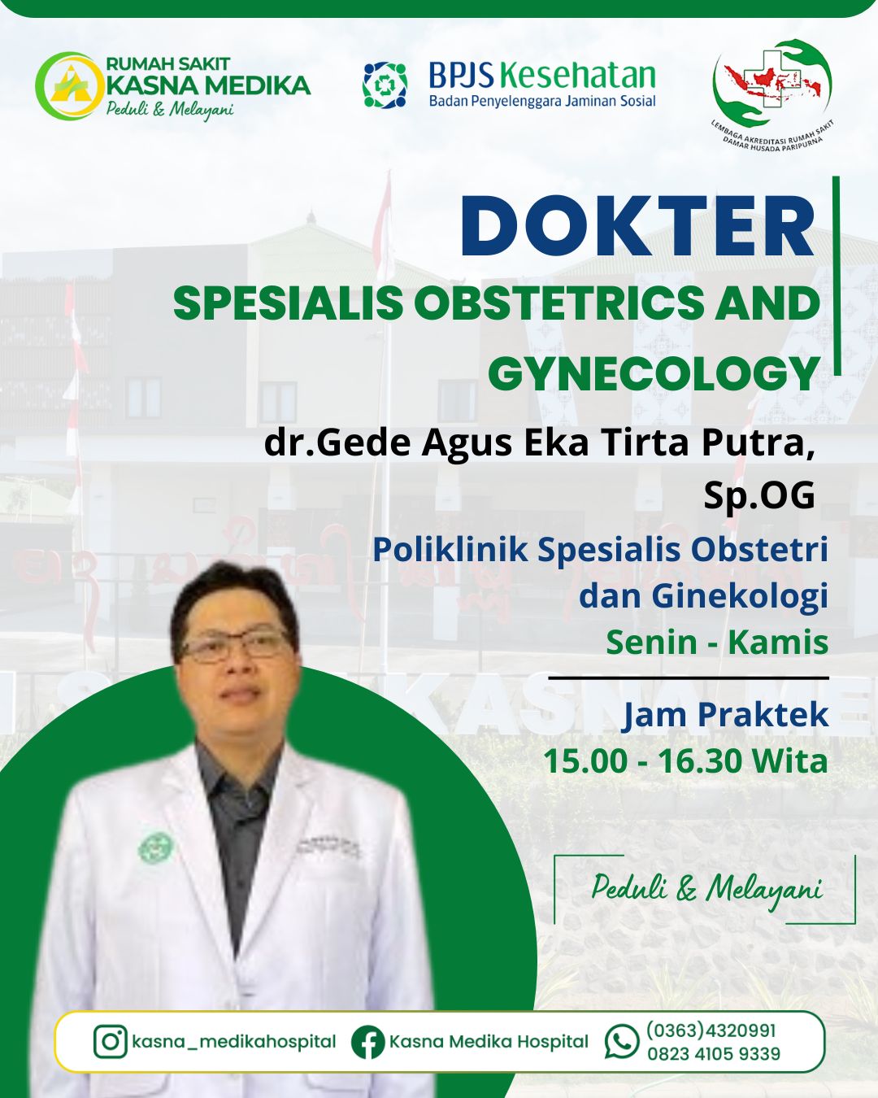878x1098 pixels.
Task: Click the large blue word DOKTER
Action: click(x=638, y=225)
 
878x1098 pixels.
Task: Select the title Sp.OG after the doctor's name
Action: click(x=759, y=495)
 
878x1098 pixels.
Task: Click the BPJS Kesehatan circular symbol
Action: click(x=385, y=85)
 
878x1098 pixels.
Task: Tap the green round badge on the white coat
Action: click(x=155, y=848)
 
